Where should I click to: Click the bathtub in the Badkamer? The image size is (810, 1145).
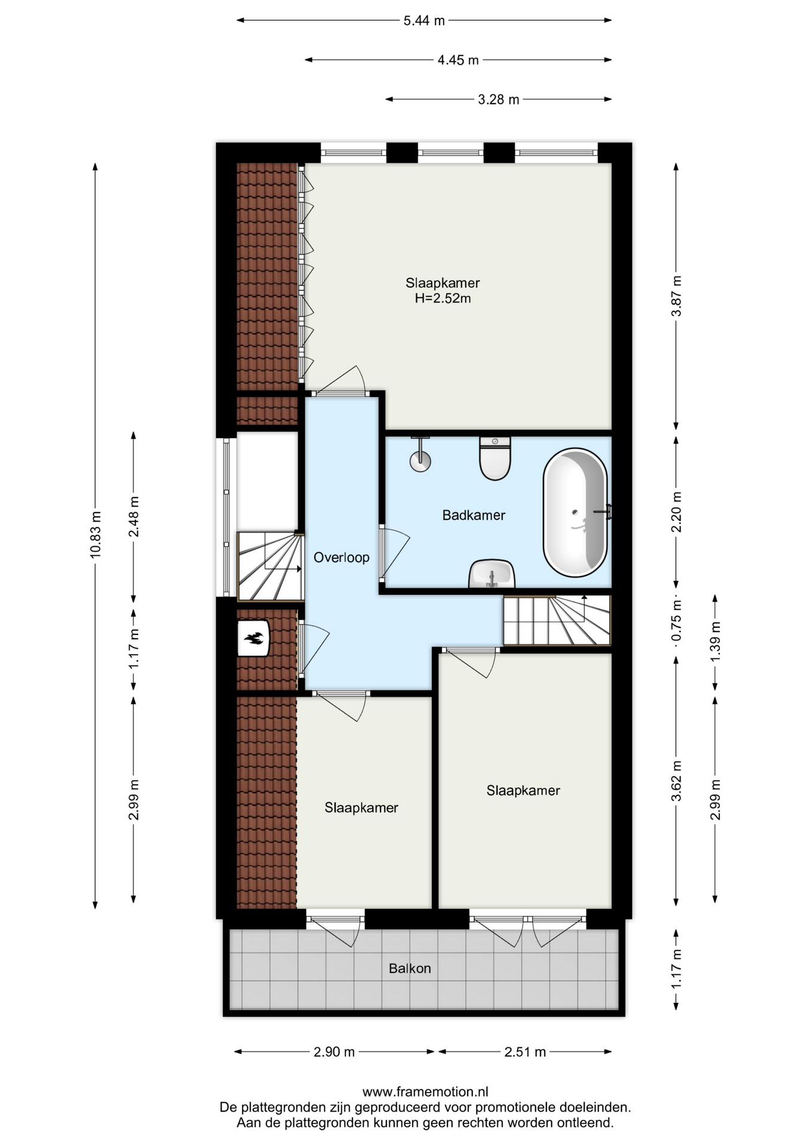(575, 512)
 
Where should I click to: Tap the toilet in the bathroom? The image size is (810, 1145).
(495, 458)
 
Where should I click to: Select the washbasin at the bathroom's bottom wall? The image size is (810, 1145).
(491, 574)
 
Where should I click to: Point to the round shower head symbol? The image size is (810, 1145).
(421, 460)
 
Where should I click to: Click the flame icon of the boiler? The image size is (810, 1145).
(253, 639)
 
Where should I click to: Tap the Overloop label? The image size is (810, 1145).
(341, 558)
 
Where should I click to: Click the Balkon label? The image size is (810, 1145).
(410, 968)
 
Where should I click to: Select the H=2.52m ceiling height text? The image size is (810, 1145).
(443, 298)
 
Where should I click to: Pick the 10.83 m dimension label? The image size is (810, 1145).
(95, 534)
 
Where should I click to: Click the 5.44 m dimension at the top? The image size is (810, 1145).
(424, 21)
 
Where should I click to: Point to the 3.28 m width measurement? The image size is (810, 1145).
(499, 100)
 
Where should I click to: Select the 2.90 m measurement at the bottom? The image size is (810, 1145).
(334, 1052)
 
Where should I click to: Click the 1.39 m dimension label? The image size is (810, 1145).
(715, 640)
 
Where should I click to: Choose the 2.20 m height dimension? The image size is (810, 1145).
(676, 512)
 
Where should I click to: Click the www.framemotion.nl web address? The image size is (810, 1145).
(425, 1092)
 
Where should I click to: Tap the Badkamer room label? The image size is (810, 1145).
(474, 515)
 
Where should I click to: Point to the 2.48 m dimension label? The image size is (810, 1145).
(134, 516)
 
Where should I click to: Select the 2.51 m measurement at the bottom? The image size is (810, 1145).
(525, 1052)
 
